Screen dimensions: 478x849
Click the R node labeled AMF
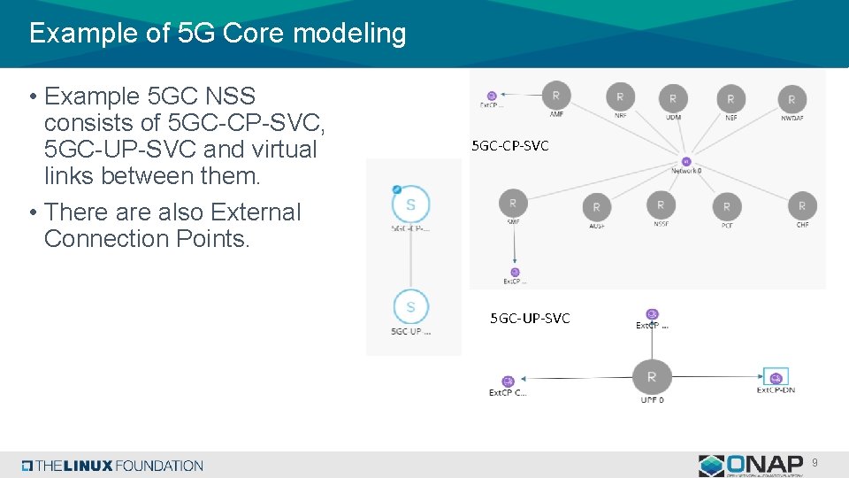[555, 95]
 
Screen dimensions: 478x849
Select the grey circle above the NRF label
[620, 96]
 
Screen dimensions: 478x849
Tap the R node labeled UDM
[673, 98]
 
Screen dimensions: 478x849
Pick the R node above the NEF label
[730, 99]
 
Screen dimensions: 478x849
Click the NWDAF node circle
[792, 99]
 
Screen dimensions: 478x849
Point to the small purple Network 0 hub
[686, 161]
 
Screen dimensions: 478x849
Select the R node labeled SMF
[513, 203]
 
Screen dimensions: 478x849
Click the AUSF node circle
[596, 207]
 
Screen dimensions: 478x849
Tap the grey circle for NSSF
[661, 204]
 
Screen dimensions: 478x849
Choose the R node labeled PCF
[727, 207]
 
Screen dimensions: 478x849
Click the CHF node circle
[802, 205]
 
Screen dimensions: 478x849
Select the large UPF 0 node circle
[652, 376]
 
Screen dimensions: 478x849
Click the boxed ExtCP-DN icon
[776, 376]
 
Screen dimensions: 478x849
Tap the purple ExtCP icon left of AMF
[492, 96]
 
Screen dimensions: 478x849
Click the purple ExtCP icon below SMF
[515, 272]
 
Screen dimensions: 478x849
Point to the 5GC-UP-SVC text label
[531, 318]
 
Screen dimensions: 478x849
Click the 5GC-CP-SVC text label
[510, 145]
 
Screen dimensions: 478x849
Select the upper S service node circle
[410, 204]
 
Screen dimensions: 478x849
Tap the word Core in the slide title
[255, 34]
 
